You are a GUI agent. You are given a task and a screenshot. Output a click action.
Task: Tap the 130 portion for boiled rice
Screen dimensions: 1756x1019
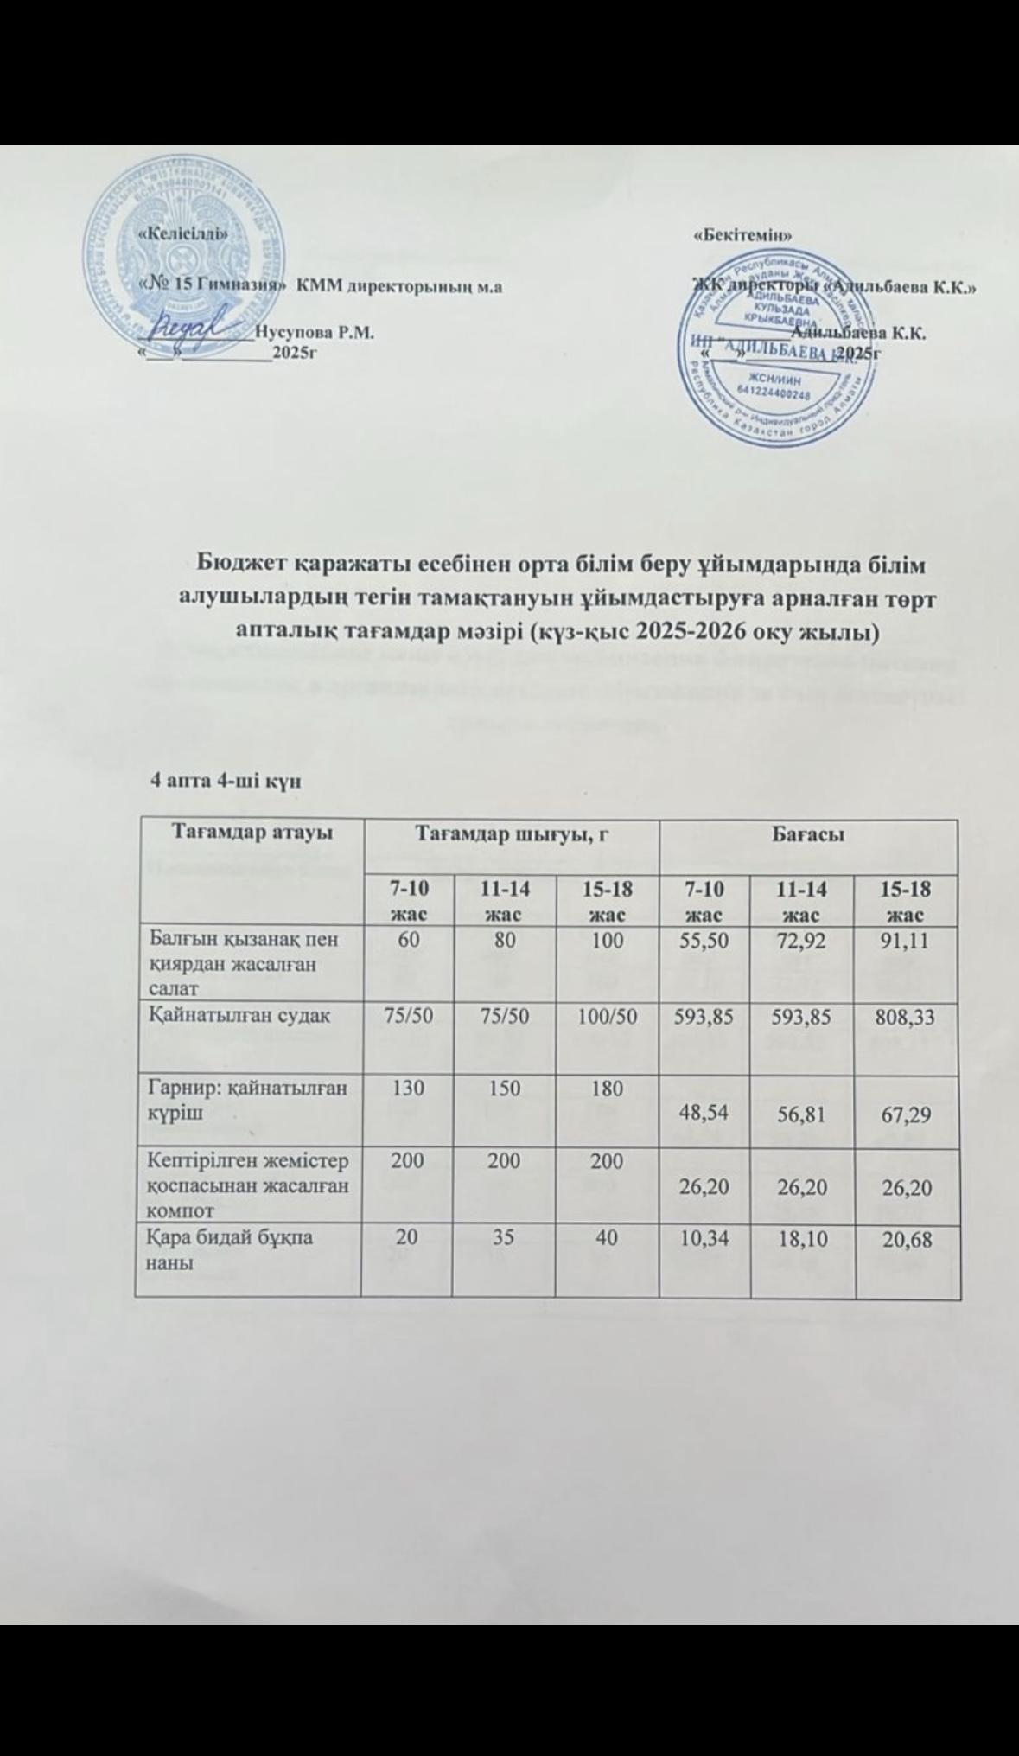click(x=405, y=1089)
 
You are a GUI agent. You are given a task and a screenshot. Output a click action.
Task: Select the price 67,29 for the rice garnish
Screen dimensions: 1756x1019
click(x=906, y=1114)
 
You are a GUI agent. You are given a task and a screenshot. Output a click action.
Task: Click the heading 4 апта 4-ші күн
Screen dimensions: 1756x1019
click(x=226, y=782)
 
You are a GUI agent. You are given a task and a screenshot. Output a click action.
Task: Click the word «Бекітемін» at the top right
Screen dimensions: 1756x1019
click(x=744, y=235)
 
